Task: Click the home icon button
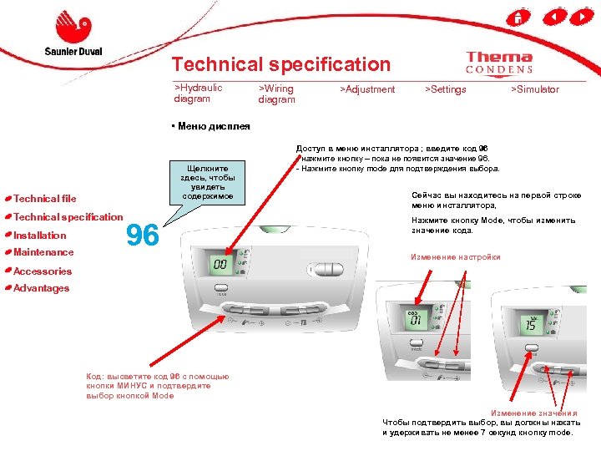click(x=518, y=17)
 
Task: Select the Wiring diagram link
click(x=277, y=94)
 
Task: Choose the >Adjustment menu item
click(x=367, y=89)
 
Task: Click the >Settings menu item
click(x=446, y=89)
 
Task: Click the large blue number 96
click(x=143, y=236)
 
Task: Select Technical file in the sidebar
click(x=45, y=199)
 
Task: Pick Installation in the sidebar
click(x=40, y=236)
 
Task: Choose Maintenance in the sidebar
click(x=43, y=252)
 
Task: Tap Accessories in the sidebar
click(x=43, y=271)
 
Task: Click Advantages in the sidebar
click(x=42, y=288)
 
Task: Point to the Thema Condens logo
click(x=499, y=63)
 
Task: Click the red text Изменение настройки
click(x=455, y=257)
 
